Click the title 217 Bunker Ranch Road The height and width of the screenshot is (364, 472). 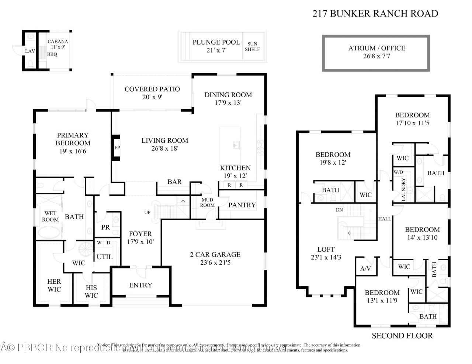pyautogui.click(x=375, y=14)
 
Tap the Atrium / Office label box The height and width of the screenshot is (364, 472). pyautogui.click(x=376, y=52)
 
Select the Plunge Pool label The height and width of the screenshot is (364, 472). pyautogui.click(x=216, y=42)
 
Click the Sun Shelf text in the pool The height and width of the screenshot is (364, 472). pyautogui.click(x=252, y=46)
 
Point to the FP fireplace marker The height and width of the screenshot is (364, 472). pyautogui.click(x=117, y=148)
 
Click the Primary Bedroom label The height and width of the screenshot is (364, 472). pyautogui.click(x=73, y=139)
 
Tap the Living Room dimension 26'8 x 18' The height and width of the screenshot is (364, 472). pyautogui.click(x=164, y=148)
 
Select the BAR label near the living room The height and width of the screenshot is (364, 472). pyautogui.click(x=174, y=181)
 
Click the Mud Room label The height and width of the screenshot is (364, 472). pyautogui.click(x=207, y=202)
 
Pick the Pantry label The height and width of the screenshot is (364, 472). pyautogui.click(x=242, y=205)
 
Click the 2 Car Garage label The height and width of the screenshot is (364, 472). pyautogui.click(x=215, y=254)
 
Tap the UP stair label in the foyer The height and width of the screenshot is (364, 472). pyautogui.click(x=147, y=213)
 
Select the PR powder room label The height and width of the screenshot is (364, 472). pyautogui.click(x=105, y=227)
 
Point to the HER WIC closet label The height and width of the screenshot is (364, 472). pyautogui.click(x=54, y=285)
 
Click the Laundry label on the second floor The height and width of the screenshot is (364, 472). pyautogui.click(x=403, y=189)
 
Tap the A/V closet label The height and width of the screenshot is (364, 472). pyautogui.click(x=365, y=268)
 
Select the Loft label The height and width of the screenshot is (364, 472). pyautogui.click(x=326, y=249)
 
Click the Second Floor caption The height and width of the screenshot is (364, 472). pyautogui.click(x=402, y=335)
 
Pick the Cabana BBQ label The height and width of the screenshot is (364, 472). pyautogui.click(x=52, y=54)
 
